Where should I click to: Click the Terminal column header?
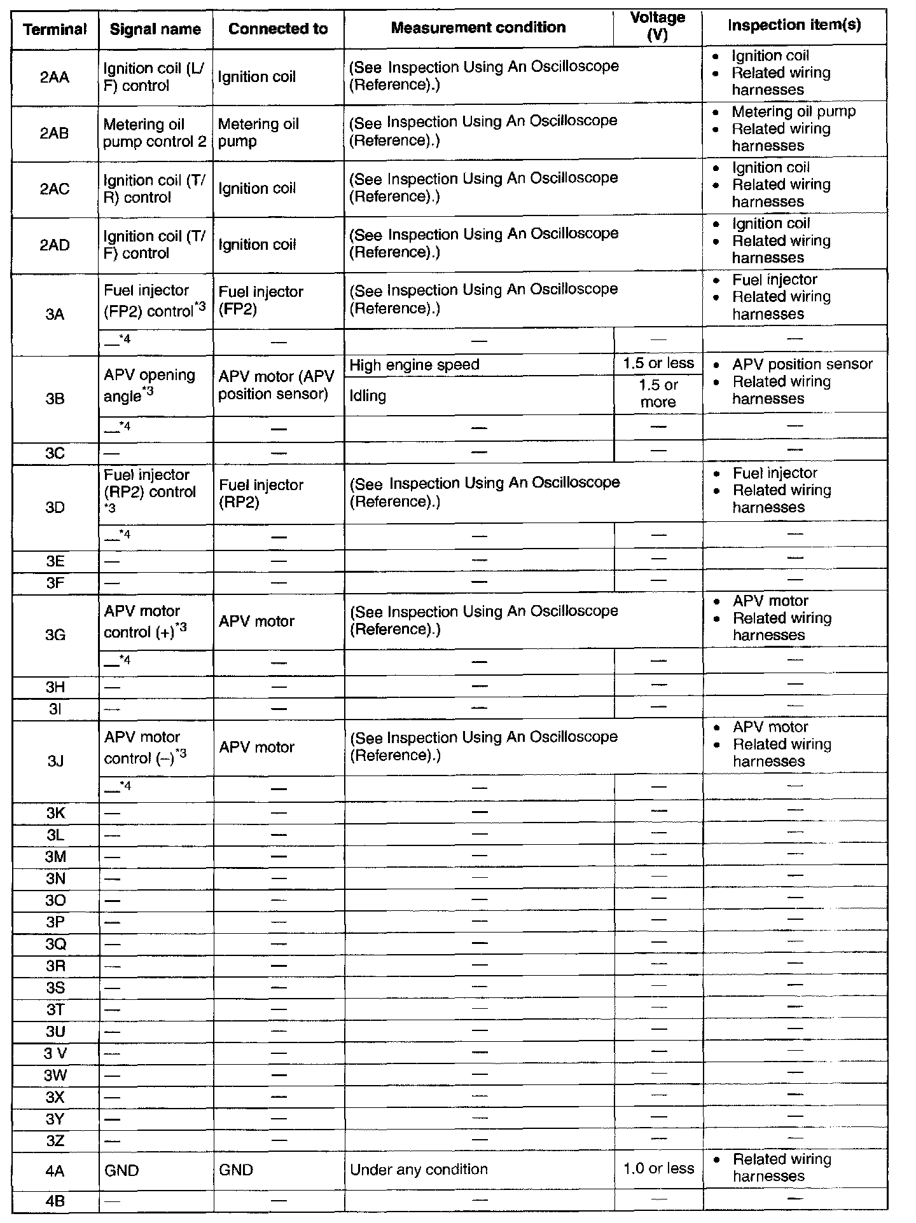click(x=55, y=29)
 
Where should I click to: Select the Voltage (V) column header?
click(x=657, y=27)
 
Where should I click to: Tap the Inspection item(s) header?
click(x=794, y=25)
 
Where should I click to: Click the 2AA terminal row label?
click(x=55, y=78)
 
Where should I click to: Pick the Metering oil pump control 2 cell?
click(x=155, y=133)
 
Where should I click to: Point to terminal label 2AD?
click(x=55, y=245)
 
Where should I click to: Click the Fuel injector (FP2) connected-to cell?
click(x=261, y=300)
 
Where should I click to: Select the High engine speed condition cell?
click(x=414, y=365)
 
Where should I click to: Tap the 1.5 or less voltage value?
click(x=658, y=364)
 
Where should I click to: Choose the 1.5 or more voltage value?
click(x=658, y=393)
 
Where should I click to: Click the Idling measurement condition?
click(x=368, y=396)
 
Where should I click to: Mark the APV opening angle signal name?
click(x=149, y=385)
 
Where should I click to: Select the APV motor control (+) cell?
click(x=145, y=622)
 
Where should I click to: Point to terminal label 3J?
click(x=55, y=761)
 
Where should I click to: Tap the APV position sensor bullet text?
click(x=802, y=364)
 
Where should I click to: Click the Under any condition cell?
click(x=419, y=1170)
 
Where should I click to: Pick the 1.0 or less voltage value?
click(x=658, y=1168)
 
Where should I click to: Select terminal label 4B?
click(x=55, y=1201)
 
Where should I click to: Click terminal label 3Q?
click(x=55, y=945)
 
